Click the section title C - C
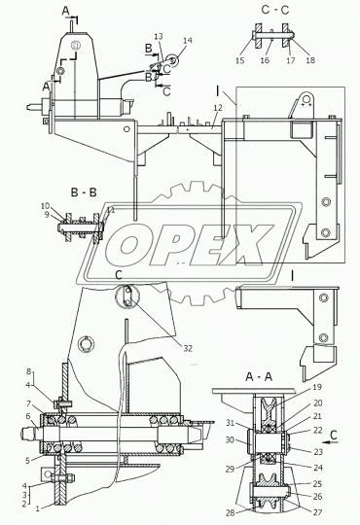pyautogui.click(x=274, y=10)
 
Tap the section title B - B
pyautogui.click(x=84, y=192)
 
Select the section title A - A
pyautogui.click(x=259, y=377)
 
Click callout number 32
pyautogui.click(x=188, y=349)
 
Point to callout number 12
pyautogui.click(x=218, y=108)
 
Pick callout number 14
pyautogui.click(x=188, y=41)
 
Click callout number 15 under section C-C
pyautogui.click(x=240, y=60)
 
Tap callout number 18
pyautogui.click(x=310, y=60)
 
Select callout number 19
pyautogui.click(x=317, y=387)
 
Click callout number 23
pyautogui.click(x=318, y=452)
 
